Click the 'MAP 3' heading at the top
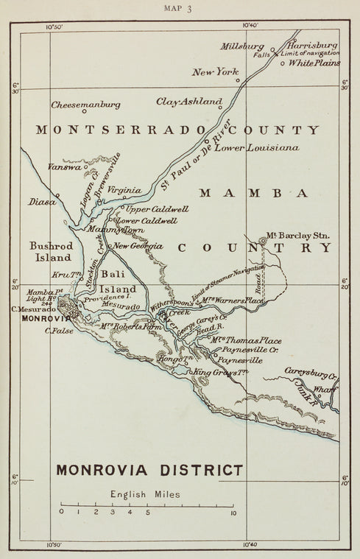(180, 10)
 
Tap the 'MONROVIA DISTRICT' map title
(149, 468)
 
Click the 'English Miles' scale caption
(146, 495)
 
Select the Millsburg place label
(241, 46)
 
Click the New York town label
(216, 72)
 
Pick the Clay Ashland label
(189, 101)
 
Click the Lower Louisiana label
(266, 148)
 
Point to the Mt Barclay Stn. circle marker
(264, 240)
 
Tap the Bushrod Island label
(50, 251)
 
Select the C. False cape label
(57, 330)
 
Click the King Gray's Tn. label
(222, 373)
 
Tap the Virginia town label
(124, 190)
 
